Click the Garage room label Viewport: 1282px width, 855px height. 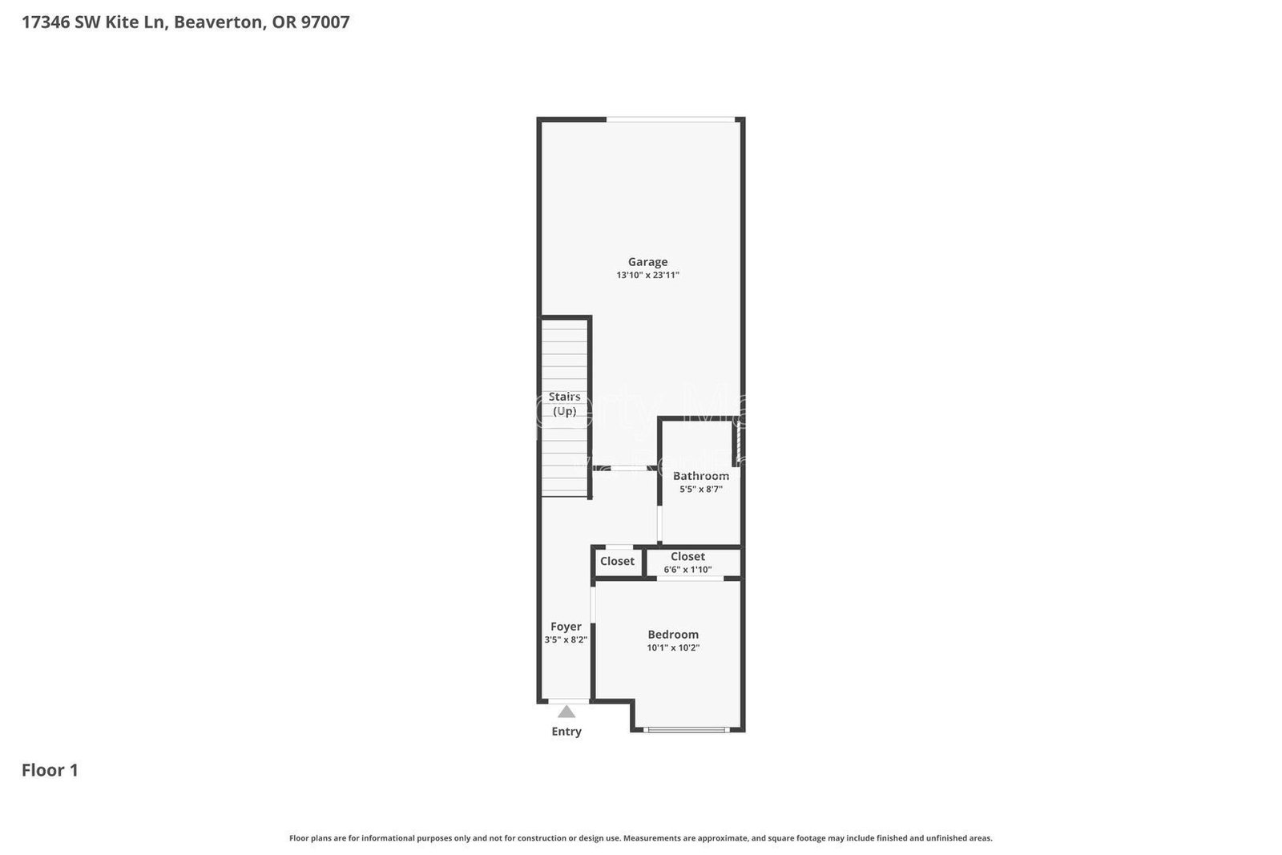point(647,261)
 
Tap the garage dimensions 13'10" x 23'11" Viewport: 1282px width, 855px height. point(647,275)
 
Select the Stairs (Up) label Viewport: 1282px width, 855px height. point(564,404)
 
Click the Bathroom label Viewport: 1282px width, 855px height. point(700,476)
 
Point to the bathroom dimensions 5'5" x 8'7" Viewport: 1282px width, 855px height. point(700,489)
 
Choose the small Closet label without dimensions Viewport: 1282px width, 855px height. point(617,561)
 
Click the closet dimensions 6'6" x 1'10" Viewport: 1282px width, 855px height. point(687,570)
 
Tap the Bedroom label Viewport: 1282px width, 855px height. point(673,635)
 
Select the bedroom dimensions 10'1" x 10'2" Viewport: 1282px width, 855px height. point(673,647)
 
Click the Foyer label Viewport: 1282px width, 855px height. point(566,627)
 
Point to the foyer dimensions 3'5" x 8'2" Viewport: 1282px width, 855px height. point(566,639)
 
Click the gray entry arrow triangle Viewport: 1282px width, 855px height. point(566,712)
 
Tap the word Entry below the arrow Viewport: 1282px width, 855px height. point(566,732)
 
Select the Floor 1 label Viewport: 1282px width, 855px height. point(50,771)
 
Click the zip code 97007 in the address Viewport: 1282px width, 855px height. point(325,22)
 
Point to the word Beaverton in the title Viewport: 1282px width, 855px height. point(218,22)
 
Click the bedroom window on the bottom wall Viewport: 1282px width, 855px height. point(687,729)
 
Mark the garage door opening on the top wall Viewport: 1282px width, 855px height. point(671,120)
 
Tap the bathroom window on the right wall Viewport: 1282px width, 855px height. point(736,443)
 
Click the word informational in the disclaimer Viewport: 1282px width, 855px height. point(387,838)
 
